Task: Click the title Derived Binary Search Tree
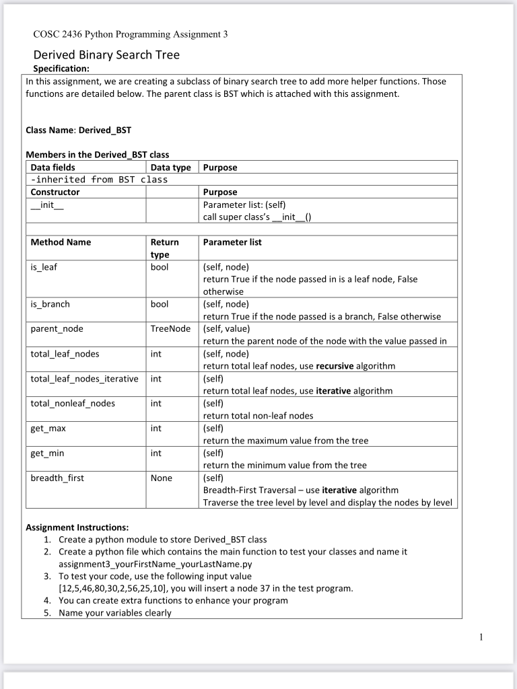[x=106, y=55]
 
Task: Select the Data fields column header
[x=53, y=167]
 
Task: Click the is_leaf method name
[x=44, y=266]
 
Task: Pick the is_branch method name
[x=50, y=304]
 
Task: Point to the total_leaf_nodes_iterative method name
[x=84, y=379]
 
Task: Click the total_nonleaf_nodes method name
[x=73, y=403]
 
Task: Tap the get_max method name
[x=48, y=428]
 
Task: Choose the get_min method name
[x=47, y=453]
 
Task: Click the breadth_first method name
[x=57, y=478]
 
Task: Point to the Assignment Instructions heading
[x=77, y=527]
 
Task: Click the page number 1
[x=481, y=637]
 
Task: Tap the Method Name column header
[x=61, y=242]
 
